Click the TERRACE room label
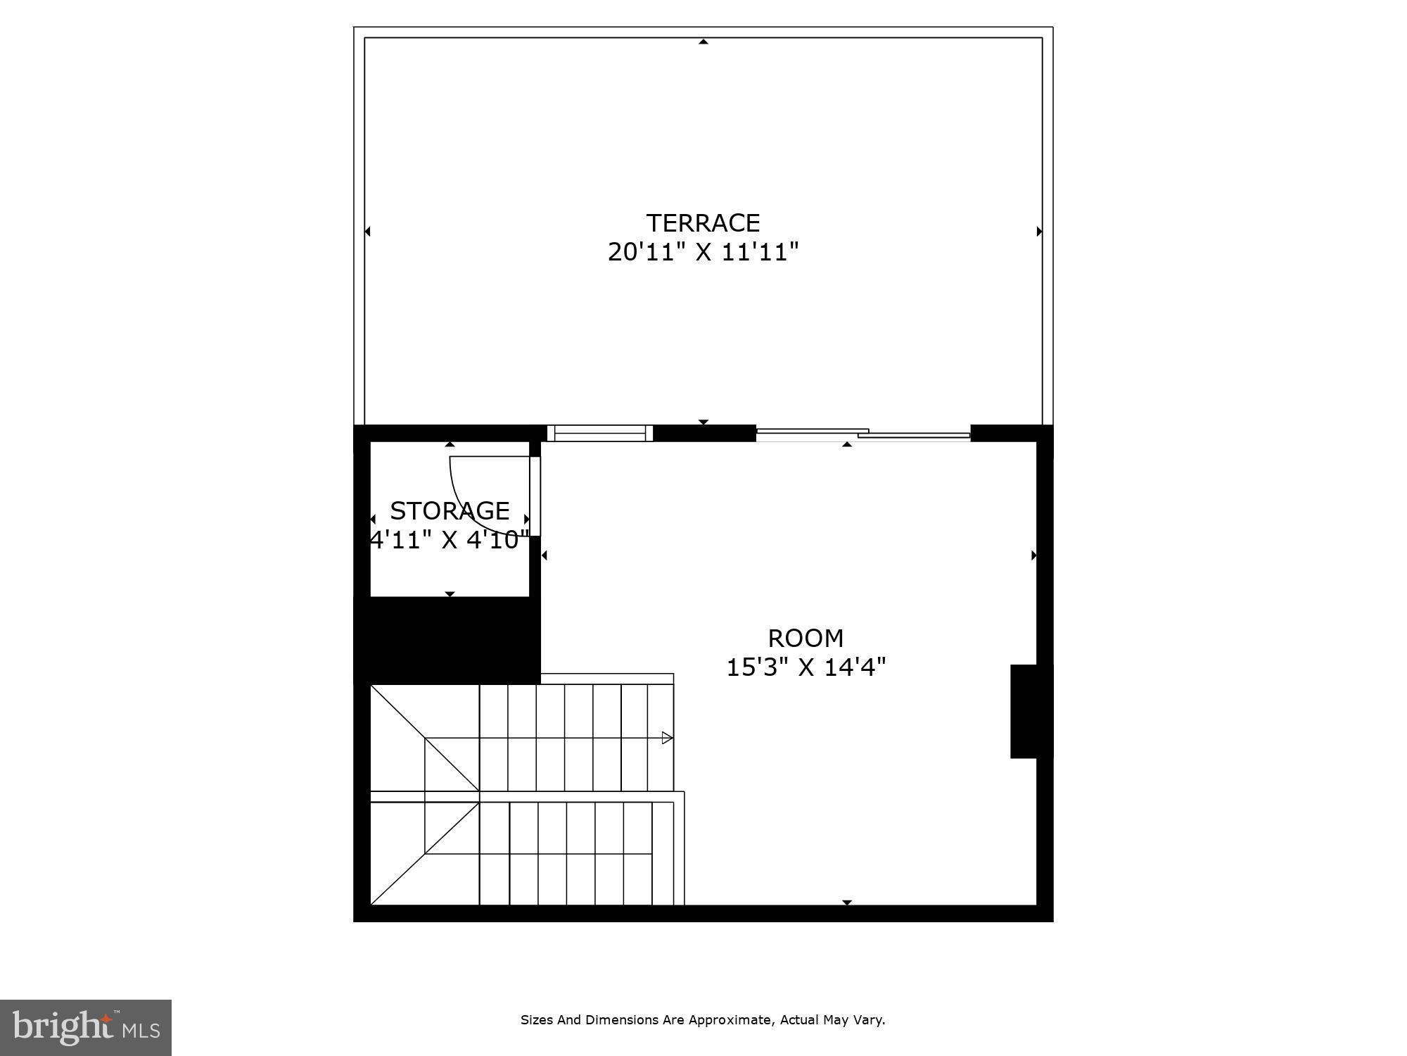703,223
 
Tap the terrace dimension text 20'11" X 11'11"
703,252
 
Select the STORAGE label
450,510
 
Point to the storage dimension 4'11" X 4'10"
450,540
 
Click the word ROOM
806,639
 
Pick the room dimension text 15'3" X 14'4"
806,667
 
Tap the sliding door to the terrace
863,434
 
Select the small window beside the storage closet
599,433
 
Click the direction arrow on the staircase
667,738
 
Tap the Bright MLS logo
86,1028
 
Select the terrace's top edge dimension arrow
703,42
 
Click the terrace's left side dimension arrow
367,231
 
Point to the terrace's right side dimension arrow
1039,231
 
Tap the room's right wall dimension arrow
1033,555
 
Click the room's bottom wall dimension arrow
847,902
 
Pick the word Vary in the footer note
870,1019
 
